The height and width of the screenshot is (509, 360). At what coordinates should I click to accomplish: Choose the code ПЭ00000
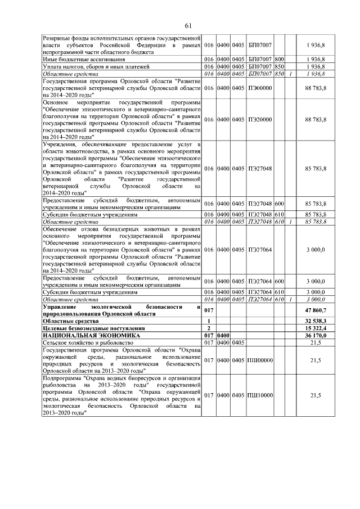[x=260, y=88]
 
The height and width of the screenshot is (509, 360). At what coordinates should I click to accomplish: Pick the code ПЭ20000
[x=260, y=120]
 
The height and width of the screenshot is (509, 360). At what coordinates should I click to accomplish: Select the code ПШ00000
[x=260, y=359]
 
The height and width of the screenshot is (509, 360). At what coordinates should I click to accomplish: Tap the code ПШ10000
[x=260, y=395]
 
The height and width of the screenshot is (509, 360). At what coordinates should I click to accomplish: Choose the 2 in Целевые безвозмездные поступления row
[x=209, y=327]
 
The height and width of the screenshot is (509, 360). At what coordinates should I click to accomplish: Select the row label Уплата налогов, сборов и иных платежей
[x=91, y=66]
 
